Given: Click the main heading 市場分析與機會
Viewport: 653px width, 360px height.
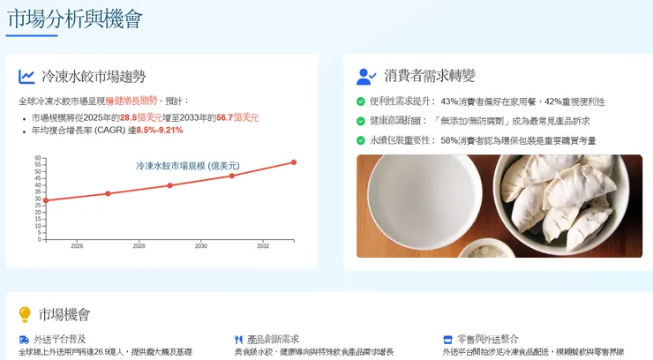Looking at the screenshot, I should click(74, 19).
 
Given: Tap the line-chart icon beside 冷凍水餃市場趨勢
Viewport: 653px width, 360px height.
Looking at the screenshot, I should click(27, 77).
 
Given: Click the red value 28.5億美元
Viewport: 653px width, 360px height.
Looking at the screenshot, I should click(140, 117).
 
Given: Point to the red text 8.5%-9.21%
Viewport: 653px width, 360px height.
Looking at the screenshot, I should click(159, 131).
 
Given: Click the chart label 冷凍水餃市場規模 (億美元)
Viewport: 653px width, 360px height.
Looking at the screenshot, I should click(187, 166).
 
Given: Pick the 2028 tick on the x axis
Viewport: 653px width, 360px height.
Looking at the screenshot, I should click(139, 246).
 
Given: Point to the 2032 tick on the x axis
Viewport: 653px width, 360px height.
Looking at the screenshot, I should click(263, 246).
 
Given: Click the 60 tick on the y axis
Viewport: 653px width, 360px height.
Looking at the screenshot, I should click(38, 159).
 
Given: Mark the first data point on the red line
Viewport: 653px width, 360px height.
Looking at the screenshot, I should click(46, 200).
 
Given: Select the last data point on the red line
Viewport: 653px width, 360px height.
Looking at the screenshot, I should click(294, 162).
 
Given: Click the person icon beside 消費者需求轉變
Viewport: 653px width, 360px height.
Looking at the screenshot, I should click(366, 77).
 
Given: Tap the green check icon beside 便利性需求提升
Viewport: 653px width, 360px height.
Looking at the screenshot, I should click(361, 101).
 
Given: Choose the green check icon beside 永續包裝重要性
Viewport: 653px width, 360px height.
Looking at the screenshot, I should click(361, 140).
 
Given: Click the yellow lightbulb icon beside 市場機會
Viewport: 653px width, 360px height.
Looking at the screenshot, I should click(26, 315).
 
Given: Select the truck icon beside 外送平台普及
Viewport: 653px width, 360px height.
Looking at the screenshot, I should click(24, 340).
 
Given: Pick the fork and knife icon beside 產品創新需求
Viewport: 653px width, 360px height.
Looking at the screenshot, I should click(239, 340).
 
